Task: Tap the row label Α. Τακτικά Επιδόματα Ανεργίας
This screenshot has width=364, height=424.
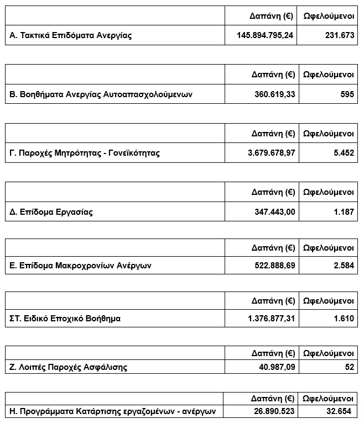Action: (71, 35)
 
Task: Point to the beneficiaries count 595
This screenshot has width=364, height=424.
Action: (347, 94)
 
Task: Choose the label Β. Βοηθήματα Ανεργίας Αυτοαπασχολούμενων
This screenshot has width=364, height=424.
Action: (101, 94)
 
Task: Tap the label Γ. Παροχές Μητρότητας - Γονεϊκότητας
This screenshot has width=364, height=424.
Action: (85, 153)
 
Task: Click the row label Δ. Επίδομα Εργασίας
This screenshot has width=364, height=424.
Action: (51, 211)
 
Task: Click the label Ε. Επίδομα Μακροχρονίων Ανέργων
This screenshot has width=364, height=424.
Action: (81, 266)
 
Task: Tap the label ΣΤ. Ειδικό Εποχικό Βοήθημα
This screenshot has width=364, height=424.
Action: (65, 319)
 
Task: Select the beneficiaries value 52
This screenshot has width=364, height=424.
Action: (349, 367)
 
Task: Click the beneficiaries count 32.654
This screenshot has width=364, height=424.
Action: (339, 412)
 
